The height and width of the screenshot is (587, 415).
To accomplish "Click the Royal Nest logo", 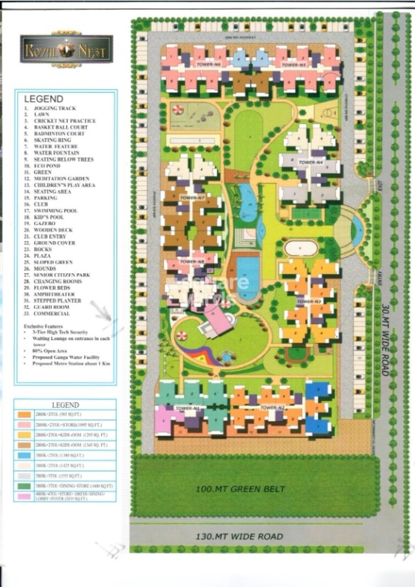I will tap(67, 51).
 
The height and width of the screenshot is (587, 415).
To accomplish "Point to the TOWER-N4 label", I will tap(310, 163).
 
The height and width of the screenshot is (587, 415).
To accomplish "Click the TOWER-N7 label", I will tap(192, 197).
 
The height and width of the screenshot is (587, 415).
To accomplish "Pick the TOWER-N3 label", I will tap(308, 301).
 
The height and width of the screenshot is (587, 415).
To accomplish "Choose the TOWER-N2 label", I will tap(272, 407).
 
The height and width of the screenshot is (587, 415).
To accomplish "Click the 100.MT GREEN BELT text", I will tap(241, 489).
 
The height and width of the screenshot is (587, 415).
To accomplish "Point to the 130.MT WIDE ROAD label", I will tap(241, 536).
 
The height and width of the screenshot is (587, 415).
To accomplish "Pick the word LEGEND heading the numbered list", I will tap(43, 99).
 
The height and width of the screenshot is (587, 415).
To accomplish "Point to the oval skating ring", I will tap(301, 248).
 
